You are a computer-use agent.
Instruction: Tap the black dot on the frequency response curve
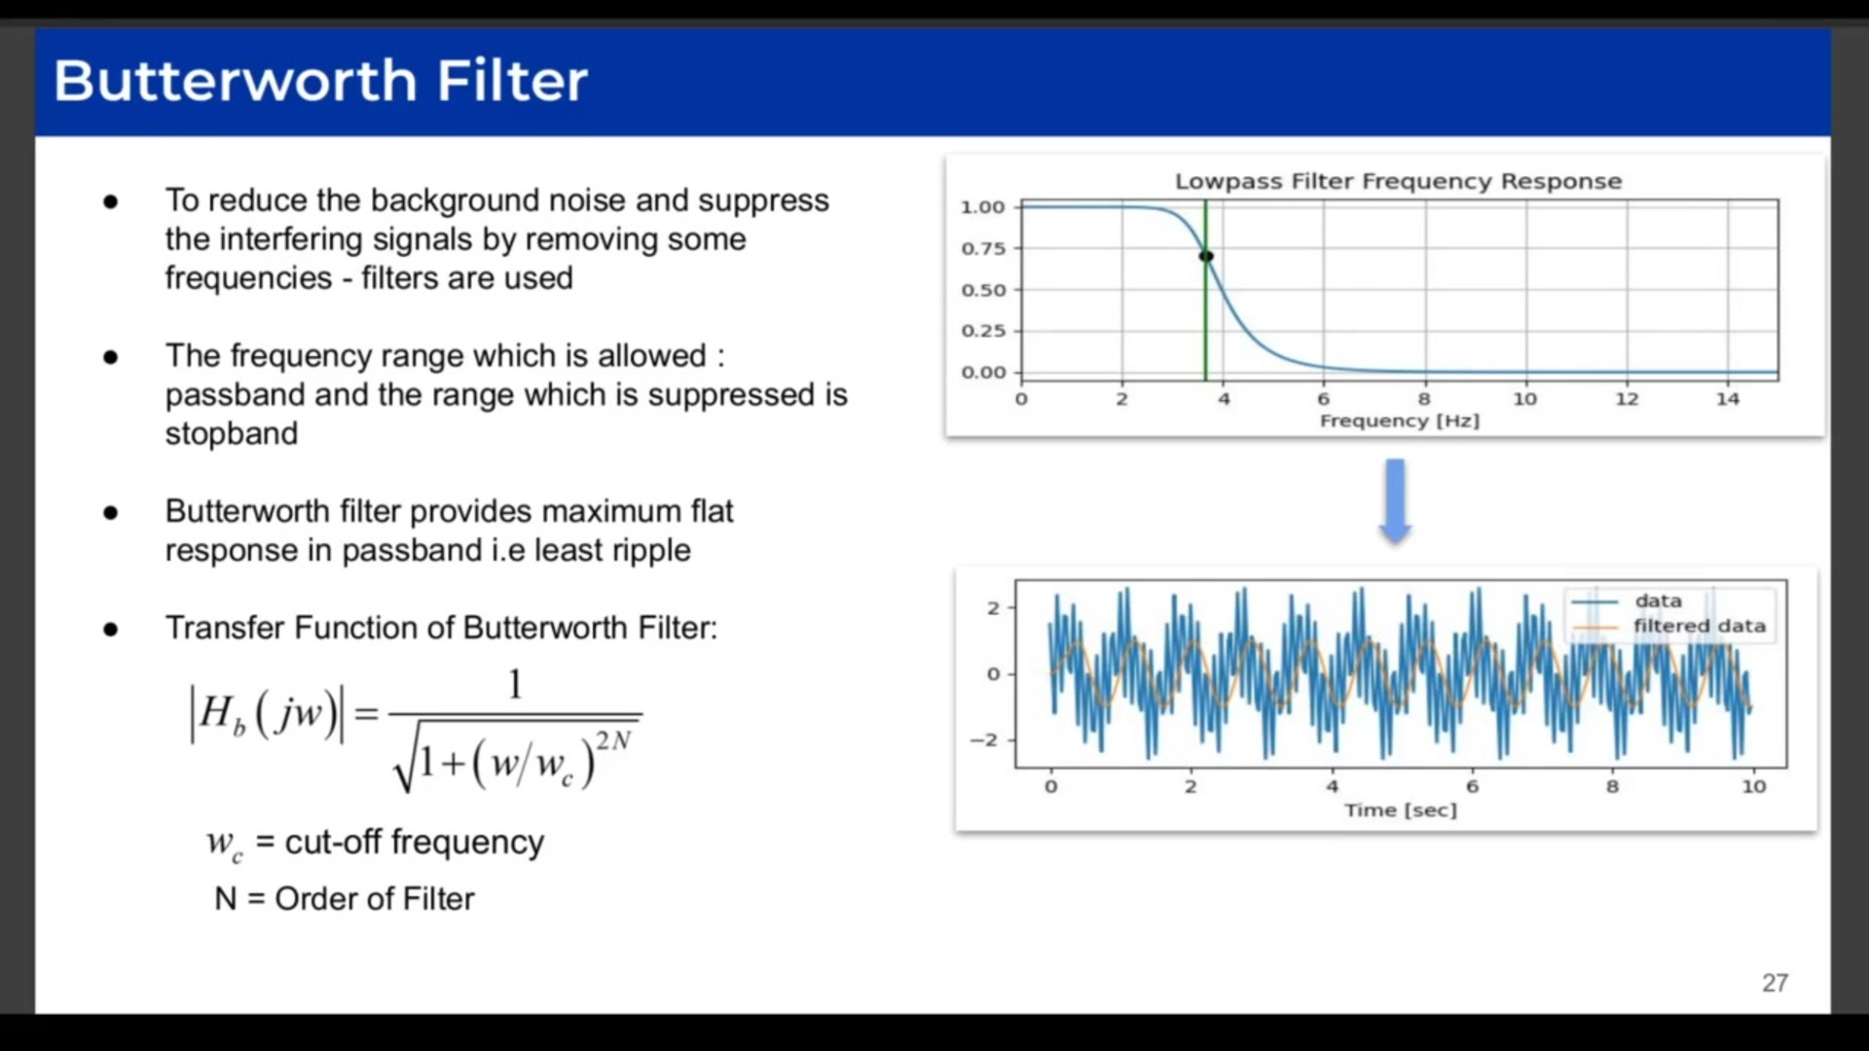pyautogui.click(x=1206, y=256)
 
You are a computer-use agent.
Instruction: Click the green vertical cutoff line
pyautogui.click(x=1205, y=321)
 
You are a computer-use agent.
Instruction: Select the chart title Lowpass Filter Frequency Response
pyautogui.click(x=1398, y=181)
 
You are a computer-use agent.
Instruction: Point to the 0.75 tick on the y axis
pyautogui.click(x=983, y=248)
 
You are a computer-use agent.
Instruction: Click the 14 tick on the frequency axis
pyautogui.click(x=1727, y=399)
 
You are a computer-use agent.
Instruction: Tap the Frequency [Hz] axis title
pyautogui.click(x=1399, y=420)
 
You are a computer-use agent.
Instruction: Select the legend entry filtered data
pyautogui.click(x=1699, y=626)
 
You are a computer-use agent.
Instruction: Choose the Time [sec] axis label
pyautogui.click(x=1400, y=810)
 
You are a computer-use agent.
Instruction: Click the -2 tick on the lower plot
pyautogui.click(x=984, y=740)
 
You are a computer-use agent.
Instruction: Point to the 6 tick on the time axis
pyautogui.click(x=1472, y=786)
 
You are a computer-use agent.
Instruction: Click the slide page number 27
pyautogui.click(x=1774, y=983)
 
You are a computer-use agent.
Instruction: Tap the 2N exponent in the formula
pyautogui.click(x=613, y=741)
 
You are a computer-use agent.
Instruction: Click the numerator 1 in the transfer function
pyautogui.click(x=515, y=685)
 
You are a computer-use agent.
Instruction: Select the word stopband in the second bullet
pyautogui.click(x=231, y=433)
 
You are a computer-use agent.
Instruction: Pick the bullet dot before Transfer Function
pyautogui.click(x=111, y=630)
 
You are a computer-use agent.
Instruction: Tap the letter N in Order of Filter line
pyautogui.click(x=225, y=898)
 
